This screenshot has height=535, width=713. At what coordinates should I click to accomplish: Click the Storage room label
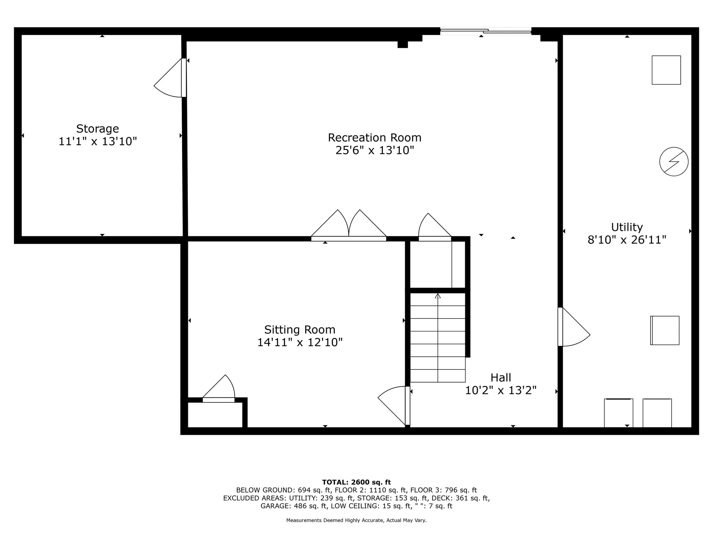tap(97, 129)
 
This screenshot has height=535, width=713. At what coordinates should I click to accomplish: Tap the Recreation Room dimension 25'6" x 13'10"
tap(374, 150)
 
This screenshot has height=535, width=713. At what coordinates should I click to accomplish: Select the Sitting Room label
tap(299, 330)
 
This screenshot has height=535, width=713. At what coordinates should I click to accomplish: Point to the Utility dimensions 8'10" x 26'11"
tap(627, 240)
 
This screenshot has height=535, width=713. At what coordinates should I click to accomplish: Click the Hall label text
tap(501, 377)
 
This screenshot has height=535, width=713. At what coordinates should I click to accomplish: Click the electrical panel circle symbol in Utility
tap(674, 162)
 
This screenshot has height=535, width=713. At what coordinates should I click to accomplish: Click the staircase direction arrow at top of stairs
tap(438, 296)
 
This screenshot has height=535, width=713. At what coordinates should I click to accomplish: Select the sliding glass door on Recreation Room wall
tap(486, 32)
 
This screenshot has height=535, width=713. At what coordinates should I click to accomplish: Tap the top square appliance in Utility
tap(666, 70)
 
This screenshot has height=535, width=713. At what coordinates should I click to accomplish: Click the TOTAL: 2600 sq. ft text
tap(356, 482)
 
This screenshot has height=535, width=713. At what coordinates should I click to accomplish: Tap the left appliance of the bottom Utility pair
tap(618, 413)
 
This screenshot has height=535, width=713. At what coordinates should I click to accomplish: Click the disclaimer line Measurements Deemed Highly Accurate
tap(356, 521)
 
